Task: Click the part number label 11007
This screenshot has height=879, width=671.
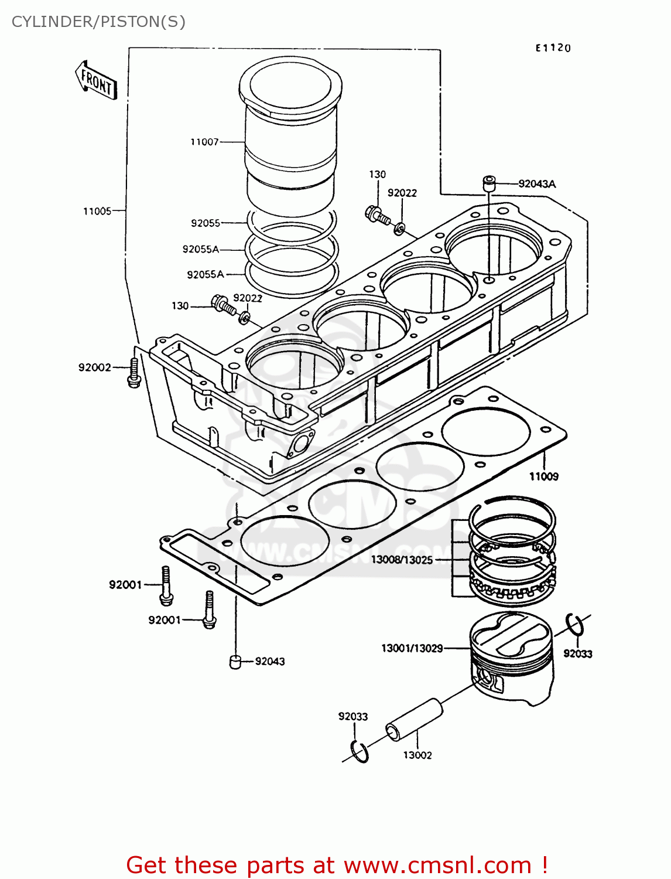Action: pyautogui.click(x=204, y=142)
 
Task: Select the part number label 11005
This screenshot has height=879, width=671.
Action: pyautogui.click(x=97, y=211)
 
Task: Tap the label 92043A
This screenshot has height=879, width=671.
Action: pyautogui.click(x=537, y=184)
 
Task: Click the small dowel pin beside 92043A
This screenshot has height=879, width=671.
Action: pyautogui.click(x=488, y=183)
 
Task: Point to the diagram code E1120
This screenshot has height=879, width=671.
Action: pyautogui.click(x=553, y=48)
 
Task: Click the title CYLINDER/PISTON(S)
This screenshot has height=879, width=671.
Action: pyautogui.click(x=98, y=22)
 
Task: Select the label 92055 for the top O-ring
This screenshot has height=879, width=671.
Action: pyautogui.click(x=206, y=223)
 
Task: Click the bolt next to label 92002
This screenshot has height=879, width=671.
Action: pyautogui.click(x=134, y=373)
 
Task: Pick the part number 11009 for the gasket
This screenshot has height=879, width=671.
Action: pyautogui.click(x=544, y=476)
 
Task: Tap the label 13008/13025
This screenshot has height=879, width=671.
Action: pyautogui.click(x=402, y=560)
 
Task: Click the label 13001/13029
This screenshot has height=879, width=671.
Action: pyautogui.click(x=412, y=648)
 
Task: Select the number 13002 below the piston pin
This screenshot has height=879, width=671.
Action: pyautogui.click(x=417, y=755)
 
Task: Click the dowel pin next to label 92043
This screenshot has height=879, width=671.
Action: pyautogui.click(x=235, y=662)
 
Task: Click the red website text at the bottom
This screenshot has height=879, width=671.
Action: pyautogui.click(x=337, y=865)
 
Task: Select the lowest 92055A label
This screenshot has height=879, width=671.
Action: pyautogui.click(x=205, y=274)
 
